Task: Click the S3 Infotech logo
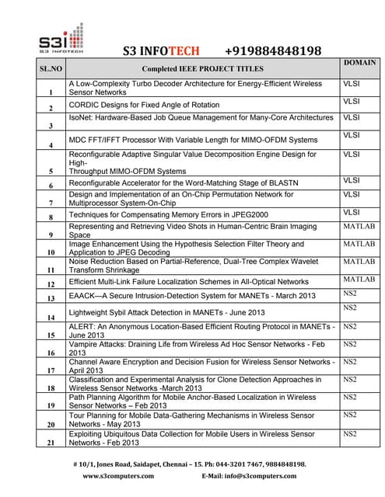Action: pyautogui.click(x=60, y=40)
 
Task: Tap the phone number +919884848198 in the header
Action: pyautogui.click(x=268, y=51)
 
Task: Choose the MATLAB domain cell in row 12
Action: pyautogui.click(x=359, y=279)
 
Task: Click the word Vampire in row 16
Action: pyautogui.click(x=86, y=343)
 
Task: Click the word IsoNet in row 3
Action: pyautogui.click(x=82, y=118)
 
